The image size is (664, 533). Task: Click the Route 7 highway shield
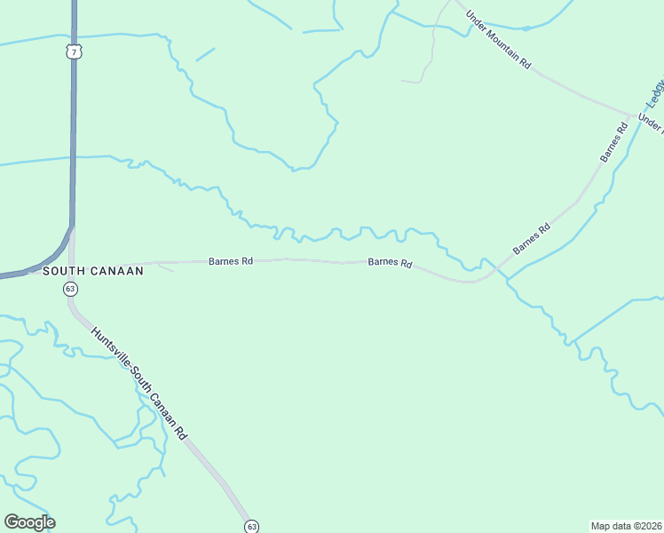coord(74,52)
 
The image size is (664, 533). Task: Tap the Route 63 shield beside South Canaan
coord(70,289)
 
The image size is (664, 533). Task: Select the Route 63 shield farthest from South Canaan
coord(251,526)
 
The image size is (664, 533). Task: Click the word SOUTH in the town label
coord(63,271)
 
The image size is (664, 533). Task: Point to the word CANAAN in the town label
coord(116,271)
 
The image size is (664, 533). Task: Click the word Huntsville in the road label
coord(107,347)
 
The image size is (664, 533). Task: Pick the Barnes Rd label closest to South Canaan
coord(231,261)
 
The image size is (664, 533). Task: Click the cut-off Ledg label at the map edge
coord(656,95)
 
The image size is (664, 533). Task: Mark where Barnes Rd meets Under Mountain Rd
coord(633,115)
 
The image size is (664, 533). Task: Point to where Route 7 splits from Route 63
coord(72,226)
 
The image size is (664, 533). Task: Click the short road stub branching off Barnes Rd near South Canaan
coord(163,266)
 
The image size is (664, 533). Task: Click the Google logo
coord(29,522)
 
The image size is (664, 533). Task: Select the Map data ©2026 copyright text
coord(627,525)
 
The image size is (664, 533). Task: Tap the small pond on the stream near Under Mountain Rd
coord(526,28)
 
